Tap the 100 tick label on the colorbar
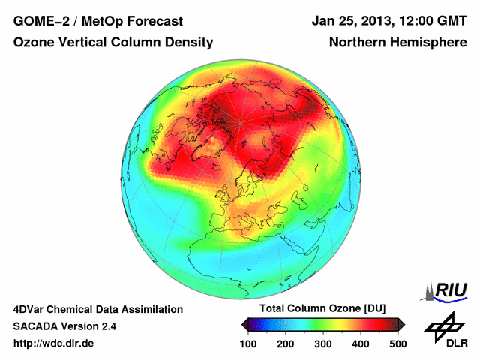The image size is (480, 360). pos(249,343)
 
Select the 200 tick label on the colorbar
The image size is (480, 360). pos(286,343)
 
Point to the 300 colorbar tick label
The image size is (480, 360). pos(323,343)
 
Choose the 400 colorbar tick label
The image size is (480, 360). pos(360,343)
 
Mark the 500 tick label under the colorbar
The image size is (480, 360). pos(397,343)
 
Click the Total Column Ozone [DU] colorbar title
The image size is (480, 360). pos(323,309)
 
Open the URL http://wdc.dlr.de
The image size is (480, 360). pos(54,343)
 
